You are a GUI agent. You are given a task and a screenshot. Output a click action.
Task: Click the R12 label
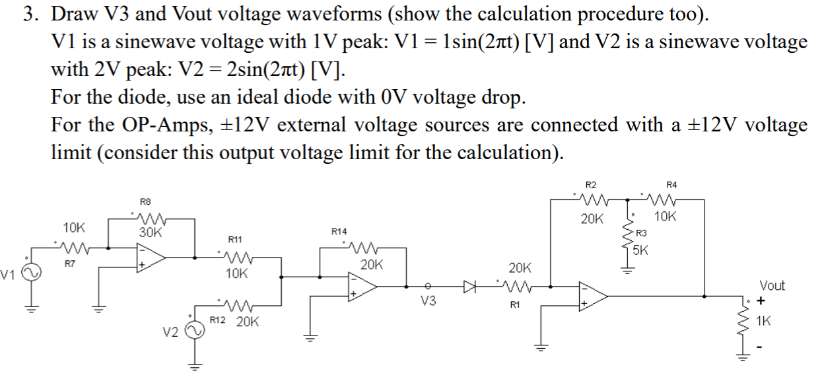point(218,320)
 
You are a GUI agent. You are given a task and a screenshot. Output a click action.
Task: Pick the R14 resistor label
point(339,232)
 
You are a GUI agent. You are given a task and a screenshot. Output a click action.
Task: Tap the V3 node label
point(429,302)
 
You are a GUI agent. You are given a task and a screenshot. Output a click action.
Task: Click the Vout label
point(772,285)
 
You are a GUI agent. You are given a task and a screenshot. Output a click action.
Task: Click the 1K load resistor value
point(764,322)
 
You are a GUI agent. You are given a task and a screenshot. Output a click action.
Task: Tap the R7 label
point(69,264)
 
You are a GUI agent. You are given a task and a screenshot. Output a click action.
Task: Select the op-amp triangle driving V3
point(362,286)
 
